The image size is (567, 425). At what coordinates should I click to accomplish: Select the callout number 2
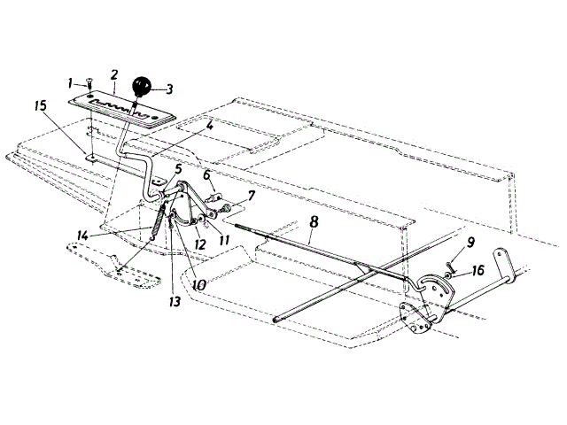[x=114, y=73]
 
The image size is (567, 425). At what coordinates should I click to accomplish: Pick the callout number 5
[x=179, y=168]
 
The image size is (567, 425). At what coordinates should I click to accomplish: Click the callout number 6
[x=206, y=174]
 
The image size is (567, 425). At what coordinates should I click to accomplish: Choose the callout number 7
[x=252, y=194]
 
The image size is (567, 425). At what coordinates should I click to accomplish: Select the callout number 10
[x=198, y=286]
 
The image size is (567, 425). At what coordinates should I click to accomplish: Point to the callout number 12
[x=199, y=244]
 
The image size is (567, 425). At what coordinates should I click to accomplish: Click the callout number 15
[x=41, y=105]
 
